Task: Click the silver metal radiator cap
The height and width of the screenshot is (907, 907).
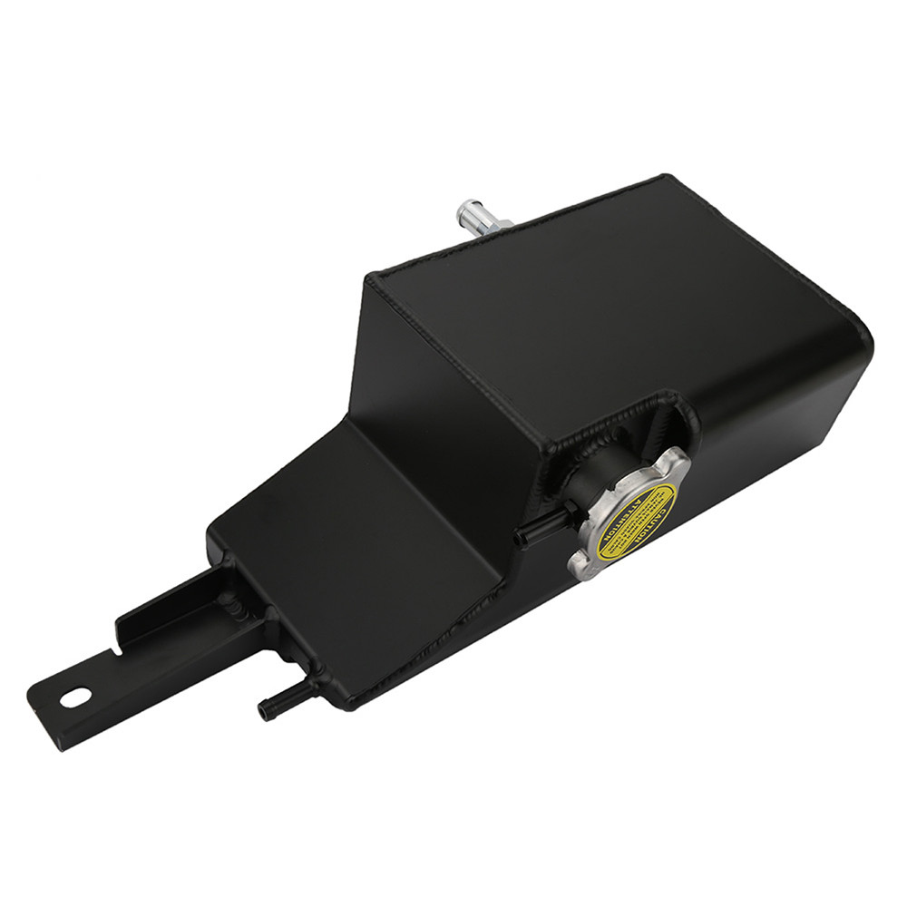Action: click(x=629, y=517)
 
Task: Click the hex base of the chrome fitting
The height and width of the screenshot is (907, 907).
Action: click(x=497, y=227)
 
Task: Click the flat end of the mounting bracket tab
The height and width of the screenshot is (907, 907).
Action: click(x=45, y=712)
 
